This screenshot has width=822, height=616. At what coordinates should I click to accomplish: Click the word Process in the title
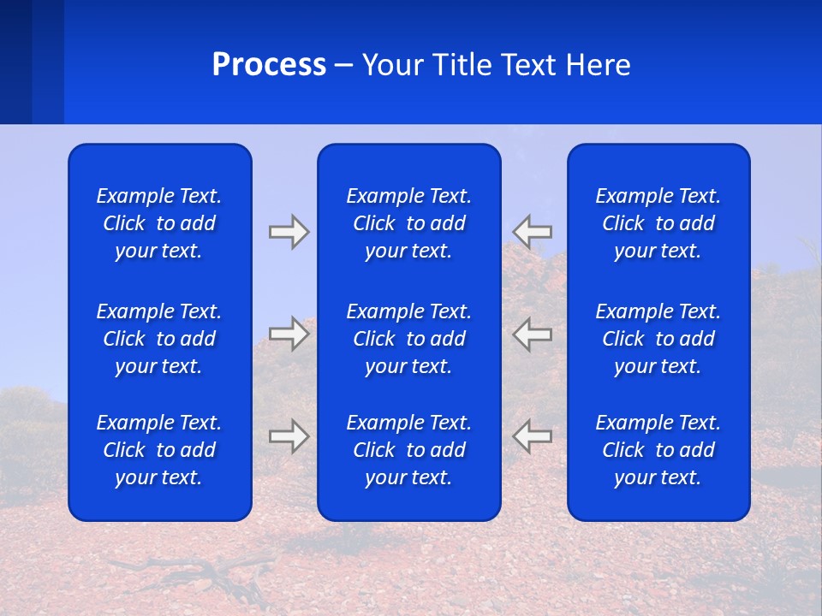269,65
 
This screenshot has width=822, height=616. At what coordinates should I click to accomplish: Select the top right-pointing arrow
289,232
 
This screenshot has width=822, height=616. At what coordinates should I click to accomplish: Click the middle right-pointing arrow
289,334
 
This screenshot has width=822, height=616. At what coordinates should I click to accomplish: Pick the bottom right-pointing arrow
289,436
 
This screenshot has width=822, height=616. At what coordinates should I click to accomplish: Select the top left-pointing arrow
533,231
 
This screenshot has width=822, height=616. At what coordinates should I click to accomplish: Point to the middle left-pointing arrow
533,334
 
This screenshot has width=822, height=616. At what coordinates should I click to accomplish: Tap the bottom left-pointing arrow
533,436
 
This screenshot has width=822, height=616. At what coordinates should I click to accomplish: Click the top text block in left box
159,223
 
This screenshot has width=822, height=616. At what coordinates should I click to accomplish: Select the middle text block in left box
159,339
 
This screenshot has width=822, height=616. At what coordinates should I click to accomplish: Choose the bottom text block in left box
159,450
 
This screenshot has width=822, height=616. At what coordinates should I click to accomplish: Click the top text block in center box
408,223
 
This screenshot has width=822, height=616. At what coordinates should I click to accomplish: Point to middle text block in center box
408,339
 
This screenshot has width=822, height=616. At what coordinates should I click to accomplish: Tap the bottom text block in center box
408,450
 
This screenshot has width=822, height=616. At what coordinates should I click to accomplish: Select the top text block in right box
658,223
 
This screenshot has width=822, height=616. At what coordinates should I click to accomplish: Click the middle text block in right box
658,339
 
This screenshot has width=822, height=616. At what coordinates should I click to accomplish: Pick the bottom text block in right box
658,450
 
